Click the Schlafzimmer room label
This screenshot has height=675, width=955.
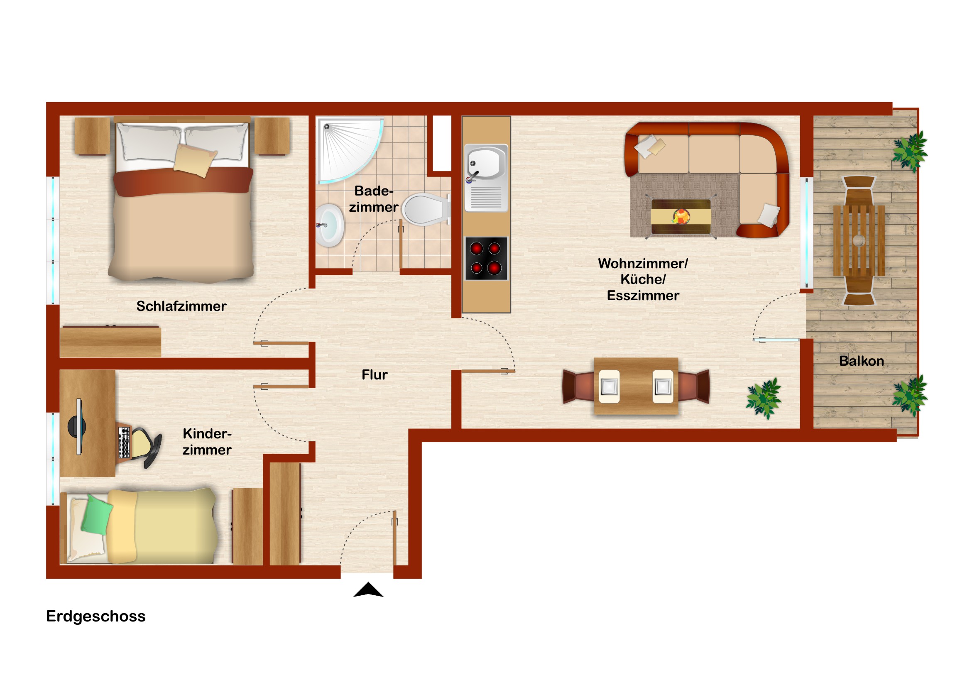coord(181,306)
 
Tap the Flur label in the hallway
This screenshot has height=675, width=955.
coord(375,375)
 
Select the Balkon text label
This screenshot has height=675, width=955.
coord(862,361)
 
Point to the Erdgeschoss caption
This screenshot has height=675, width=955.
coord(95,616)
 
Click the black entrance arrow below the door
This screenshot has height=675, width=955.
coord(368,590)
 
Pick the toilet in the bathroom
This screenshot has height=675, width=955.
coord(426,210)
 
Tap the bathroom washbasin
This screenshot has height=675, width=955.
coord(329,225)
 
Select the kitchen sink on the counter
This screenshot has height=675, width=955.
coord(486,178)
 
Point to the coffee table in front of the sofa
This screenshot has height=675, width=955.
coord(681,217)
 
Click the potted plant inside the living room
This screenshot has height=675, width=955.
coord(764,399)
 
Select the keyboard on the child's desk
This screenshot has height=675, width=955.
coord(124,443)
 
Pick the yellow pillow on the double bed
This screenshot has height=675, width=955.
coord(195,161)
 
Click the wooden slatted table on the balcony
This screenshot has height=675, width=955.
coord(859,240)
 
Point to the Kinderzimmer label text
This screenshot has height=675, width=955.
coord(207,442)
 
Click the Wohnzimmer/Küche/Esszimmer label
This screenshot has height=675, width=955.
coord(643,279)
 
